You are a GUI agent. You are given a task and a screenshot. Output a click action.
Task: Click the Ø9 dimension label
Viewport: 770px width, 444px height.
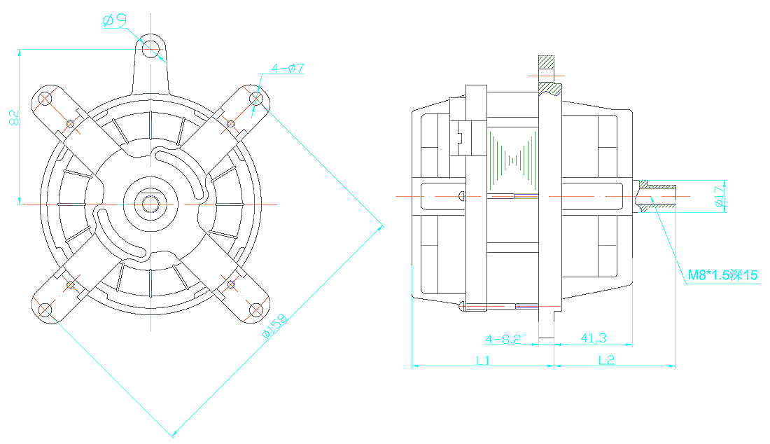tap(115, 20)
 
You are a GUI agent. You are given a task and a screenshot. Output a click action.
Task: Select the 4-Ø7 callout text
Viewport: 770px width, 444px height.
tap(288, 68)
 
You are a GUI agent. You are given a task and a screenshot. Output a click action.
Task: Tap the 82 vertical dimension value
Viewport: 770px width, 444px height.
tap(14, 118)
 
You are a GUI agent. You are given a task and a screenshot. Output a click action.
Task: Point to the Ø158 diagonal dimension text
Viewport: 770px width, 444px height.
tap(274, 326)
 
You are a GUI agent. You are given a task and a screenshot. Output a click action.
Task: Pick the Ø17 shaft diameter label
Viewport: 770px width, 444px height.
tap(720, 197)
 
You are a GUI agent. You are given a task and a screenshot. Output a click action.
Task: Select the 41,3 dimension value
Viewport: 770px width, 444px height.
tap(593, 338)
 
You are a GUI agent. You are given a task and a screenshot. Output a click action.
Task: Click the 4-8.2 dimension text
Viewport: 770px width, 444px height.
tap(503, 339)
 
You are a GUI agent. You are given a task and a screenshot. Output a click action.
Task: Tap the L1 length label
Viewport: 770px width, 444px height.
tap(483, 361)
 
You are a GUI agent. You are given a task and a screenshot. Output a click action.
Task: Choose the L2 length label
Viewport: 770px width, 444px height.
tap(606, 361)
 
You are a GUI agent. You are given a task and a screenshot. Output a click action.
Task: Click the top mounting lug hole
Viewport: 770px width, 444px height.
tap(150, 48)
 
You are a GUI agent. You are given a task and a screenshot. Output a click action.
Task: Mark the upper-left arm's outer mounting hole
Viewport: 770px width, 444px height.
tap(45, 99)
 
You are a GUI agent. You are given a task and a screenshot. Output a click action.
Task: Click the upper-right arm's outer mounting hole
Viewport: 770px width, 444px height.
tap(255, 99)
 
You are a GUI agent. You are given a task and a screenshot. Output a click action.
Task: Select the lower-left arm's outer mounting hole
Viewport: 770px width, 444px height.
tap(45, 310)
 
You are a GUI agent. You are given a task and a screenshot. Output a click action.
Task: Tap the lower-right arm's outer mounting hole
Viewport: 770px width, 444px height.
tap(255, 310)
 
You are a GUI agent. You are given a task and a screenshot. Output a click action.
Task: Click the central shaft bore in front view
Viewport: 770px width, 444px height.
tap(150, 203)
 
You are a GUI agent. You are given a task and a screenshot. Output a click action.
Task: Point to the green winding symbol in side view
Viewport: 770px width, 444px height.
tap(512, 160)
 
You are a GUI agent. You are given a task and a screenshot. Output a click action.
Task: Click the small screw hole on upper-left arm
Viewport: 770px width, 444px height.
tap(70, 124)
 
